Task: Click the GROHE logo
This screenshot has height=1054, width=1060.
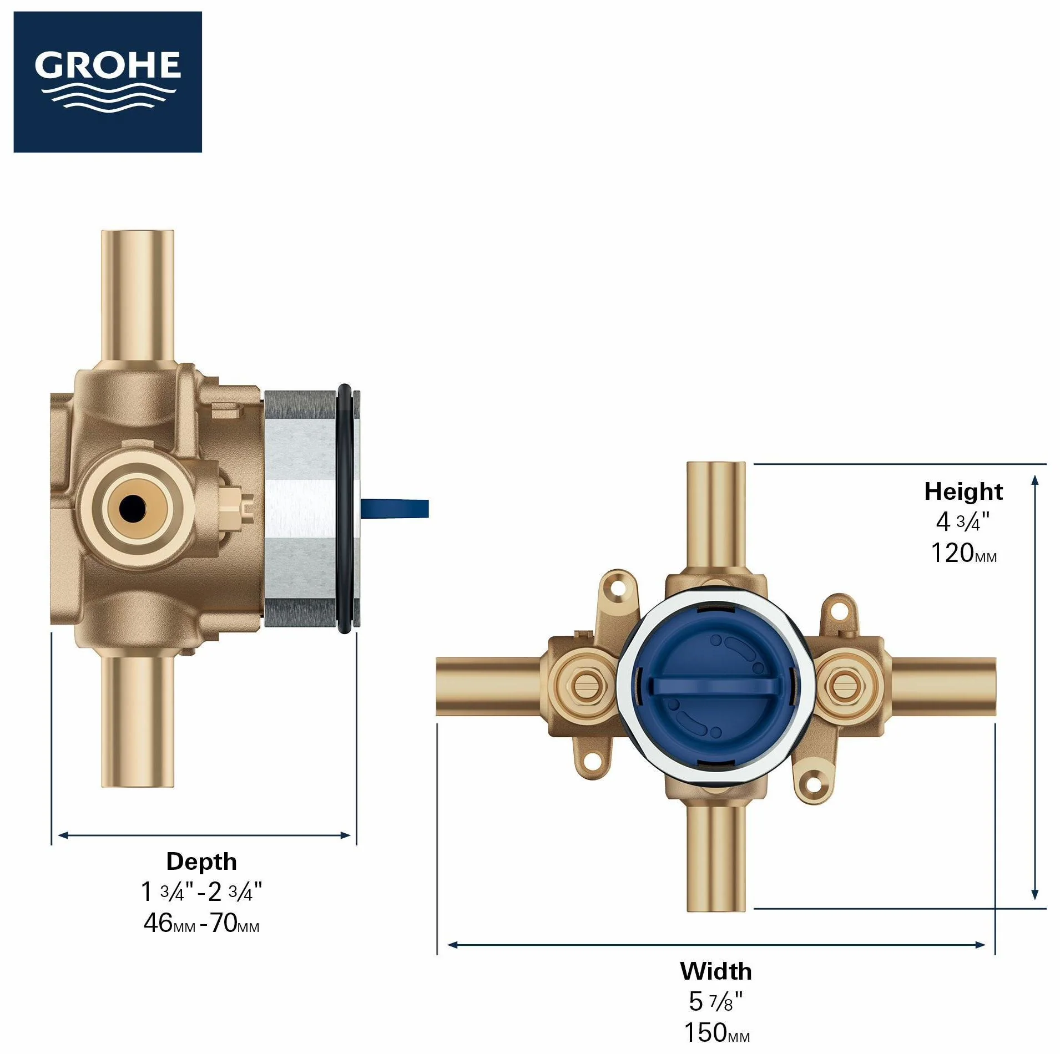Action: pos(108,82)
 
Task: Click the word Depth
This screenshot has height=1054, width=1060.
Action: pos(201,862)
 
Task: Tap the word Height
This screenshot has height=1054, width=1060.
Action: pos(963,491)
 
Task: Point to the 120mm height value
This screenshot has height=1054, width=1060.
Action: pos(963,553)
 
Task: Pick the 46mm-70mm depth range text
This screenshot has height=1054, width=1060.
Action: pos(201,923)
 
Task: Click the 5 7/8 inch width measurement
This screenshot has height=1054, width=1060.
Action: pos(716,1001)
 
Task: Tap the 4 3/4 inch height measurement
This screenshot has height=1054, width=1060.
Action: pos(963,521)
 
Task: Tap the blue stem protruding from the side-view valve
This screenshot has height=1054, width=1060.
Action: pos(395,508)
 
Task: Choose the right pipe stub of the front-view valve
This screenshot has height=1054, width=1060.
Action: pos(942,686)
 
